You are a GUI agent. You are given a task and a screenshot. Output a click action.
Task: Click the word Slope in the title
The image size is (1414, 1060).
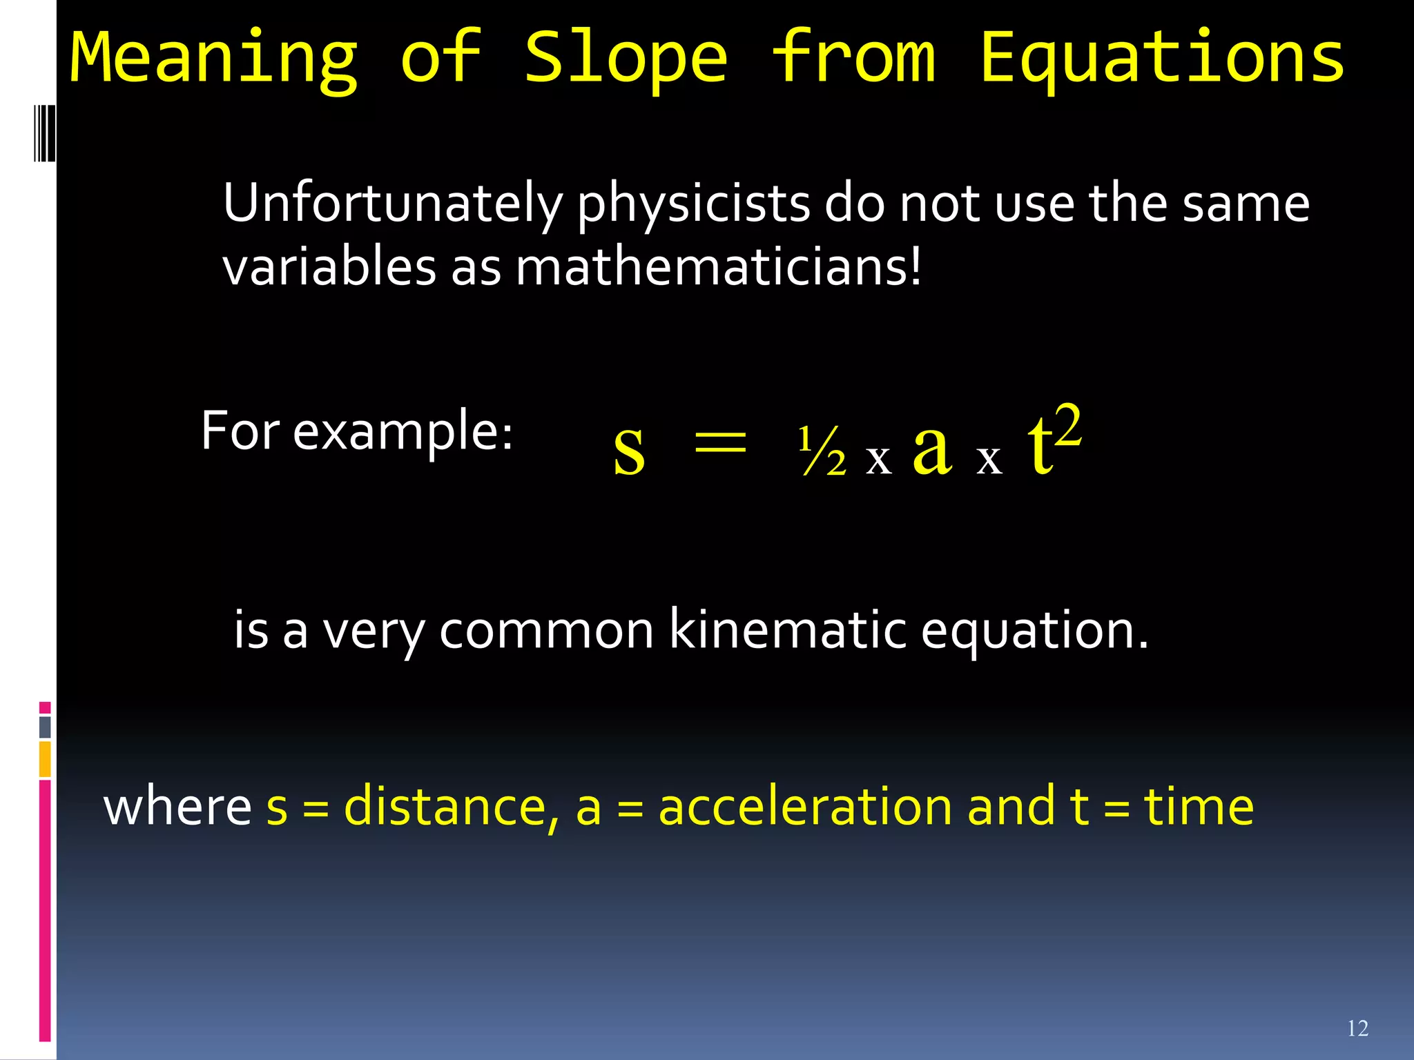click(x=626, y=59)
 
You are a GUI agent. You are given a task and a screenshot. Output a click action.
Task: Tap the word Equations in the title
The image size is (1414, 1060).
click(x=1162, y=59)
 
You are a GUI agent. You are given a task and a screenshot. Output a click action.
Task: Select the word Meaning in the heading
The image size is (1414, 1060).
click(x=214, y=59)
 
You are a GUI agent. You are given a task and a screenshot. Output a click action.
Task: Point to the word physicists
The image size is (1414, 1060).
click(x=693, y=204)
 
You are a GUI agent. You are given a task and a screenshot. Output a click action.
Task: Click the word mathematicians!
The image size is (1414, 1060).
click(x=718, y=268)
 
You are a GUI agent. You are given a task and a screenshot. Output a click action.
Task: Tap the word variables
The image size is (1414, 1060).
click(x=329, y=268)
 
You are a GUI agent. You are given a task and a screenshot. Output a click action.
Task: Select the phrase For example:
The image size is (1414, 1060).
click(x=357, y=431)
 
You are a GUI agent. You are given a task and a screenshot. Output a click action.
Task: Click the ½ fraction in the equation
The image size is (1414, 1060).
click(x=822, y=452)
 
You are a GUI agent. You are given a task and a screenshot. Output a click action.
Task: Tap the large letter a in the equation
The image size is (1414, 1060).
click(x=932, y=449)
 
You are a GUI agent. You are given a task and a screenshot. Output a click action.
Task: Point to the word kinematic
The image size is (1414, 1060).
click(x=788, y=630)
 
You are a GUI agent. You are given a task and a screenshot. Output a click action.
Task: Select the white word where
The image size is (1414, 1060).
click(x=177, y=807)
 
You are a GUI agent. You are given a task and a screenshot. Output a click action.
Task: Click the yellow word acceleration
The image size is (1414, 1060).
click(x=805, y=807)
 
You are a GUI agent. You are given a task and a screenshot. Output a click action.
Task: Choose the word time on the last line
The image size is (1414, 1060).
click(x=1199, y=807)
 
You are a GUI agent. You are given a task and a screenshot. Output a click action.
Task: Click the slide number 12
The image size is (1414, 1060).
click(x=1357, y=1029)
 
